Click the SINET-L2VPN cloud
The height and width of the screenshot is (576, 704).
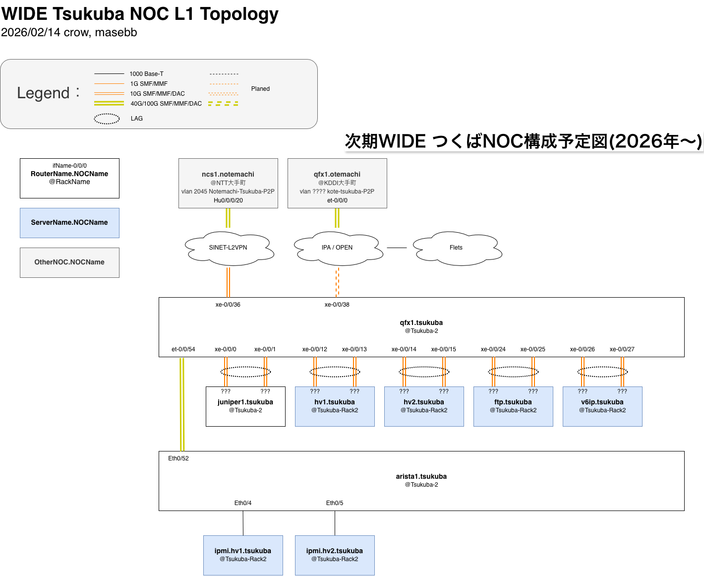point(228,248)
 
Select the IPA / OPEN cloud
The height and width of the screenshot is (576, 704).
point(337,248)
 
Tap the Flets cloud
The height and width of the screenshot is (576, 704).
point(456,248)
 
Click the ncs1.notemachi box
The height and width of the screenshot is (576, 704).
point(228,183)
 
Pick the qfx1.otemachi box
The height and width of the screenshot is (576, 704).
point(337,183)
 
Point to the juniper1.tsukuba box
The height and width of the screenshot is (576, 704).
point(245,406)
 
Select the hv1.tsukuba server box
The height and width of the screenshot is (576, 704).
point(335,406)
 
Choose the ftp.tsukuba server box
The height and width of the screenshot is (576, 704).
point(513,406)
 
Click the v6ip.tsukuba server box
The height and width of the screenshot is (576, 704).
point(602,406)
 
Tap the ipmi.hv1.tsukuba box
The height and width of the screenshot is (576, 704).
point(243,555)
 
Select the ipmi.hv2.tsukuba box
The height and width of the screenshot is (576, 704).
point(335,555)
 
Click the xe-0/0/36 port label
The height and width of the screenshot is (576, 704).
point(228,305)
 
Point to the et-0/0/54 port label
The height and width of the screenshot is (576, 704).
point(183,349)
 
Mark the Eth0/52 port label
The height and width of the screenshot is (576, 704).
point(178,458)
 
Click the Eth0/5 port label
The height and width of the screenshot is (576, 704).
point(335,503)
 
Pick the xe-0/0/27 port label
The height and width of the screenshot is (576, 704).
point(622,349)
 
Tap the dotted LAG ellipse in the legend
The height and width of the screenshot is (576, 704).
point(107,119)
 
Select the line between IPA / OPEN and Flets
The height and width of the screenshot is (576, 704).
point(397,248)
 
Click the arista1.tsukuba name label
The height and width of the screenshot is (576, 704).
point(421,476)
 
